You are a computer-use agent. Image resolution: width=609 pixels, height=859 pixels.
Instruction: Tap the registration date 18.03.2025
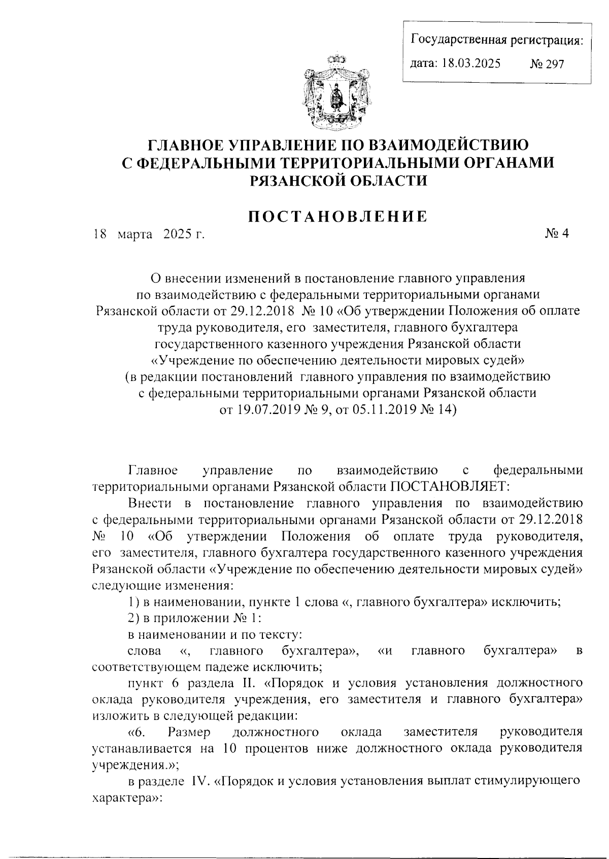pos(471,64)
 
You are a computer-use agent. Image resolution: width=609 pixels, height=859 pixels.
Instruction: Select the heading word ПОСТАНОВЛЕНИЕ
pos(337,217)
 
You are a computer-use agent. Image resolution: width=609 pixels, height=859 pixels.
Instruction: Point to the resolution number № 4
pos(557,234)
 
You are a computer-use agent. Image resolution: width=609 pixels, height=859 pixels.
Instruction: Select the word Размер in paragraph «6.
pos(189,732)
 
